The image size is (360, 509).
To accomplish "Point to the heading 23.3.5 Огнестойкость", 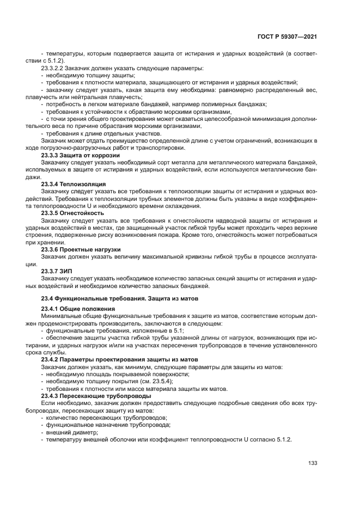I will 73,213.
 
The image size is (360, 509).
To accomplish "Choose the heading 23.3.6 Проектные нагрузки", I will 82,249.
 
